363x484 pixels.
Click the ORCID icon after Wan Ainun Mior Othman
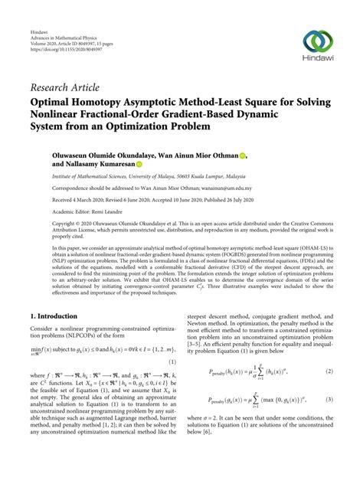pyautogui.click(x=242, y=155)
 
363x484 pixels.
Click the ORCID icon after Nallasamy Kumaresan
pyautogui.click(x=139, y=165)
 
